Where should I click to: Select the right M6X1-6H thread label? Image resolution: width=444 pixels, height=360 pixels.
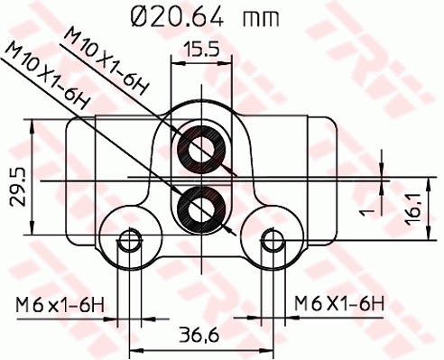tap(340, 302)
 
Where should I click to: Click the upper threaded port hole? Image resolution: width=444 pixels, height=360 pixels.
tap(199, 149)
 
